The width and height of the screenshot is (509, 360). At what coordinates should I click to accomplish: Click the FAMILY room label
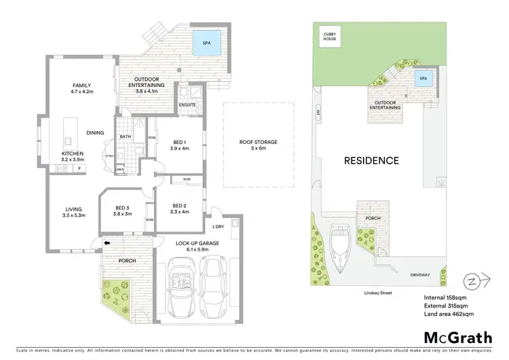[x=82, y=86]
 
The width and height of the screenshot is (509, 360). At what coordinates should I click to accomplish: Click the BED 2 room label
[x=179, y=206]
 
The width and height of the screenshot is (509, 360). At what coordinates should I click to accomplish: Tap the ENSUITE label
[x=187, y=105]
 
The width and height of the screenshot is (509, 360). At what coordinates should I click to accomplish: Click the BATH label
[x=126, y=137]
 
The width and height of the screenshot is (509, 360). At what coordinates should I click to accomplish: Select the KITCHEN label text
[x=73, y=154]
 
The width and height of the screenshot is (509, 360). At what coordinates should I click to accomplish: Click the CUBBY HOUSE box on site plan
[x=331, y=37]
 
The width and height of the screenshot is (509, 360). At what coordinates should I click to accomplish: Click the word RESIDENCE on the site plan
[x=371, y=161]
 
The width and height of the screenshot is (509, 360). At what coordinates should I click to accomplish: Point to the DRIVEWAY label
[x=420, y=275]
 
